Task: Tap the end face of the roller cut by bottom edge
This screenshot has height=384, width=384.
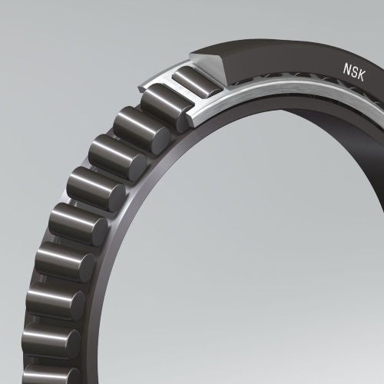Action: tap(73, 376)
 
